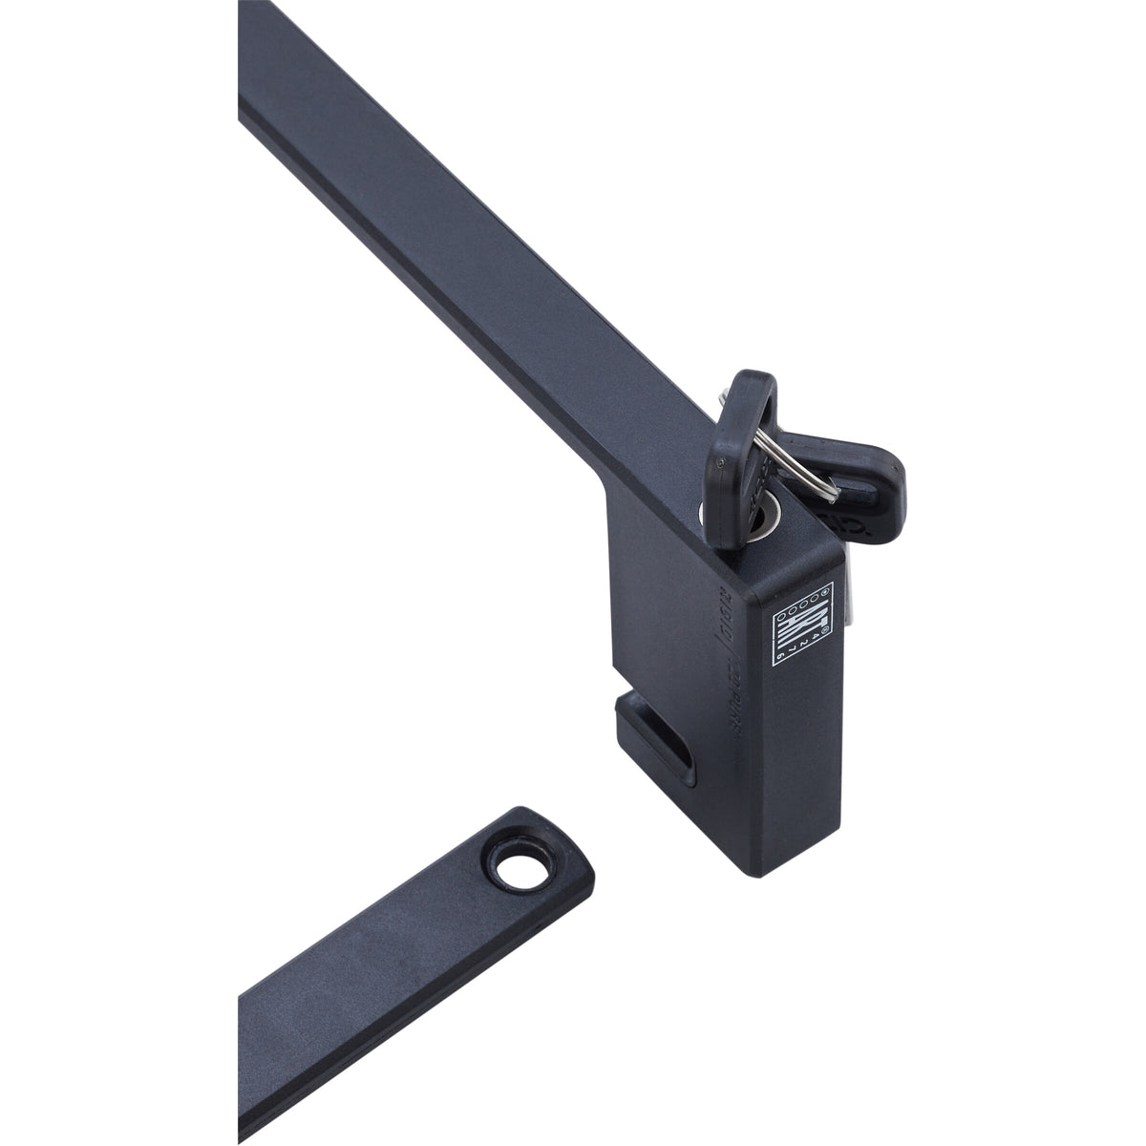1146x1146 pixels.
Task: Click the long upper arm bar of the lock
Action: (430, 239)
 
